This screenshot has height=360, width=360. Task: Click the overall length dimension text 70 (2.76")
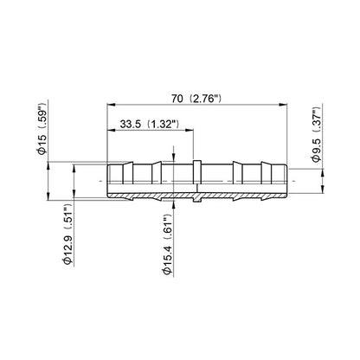click(196, 99)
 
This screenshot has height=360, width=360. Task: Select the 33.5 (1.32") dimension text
click(150, 125)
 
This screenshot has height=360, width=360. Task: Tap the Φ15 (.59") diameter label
click(42, 128)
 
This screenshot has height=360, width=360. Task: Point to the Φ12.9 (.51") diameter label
click(67, 235)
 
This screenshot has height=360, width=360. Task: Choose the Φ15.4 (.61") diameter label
click(167, 247)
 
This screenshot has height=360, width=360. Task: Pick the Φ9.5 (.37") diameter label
click(317, 135)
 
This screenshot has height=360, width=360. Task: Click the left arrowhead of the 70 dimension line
click(112, 105)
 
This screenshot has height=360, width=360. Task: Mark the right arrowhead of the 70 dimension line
click(283, 105)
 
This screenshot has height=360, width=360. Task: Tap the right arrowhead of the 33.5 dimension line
click(189, 131)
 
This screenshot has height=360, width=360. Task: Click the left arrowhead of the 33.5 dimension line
click(112, 131)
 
